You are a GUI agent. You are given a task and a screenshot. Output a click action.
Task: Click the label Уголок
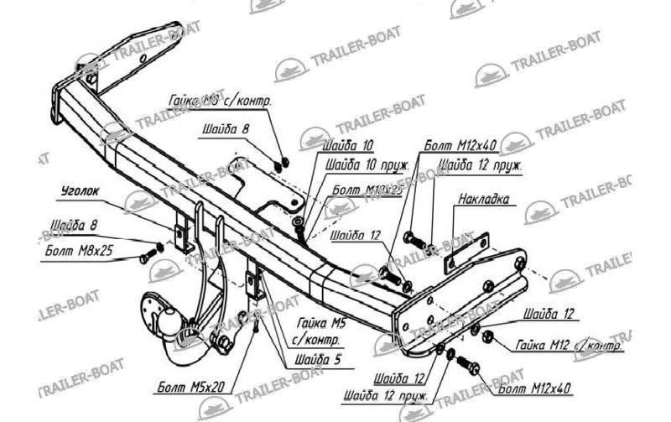(81, 191)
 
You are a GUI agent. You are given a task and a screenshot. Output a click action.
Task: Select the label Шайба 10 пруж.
(363, 165)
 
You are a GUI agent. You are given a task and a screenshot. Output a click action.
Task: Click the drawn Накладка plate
(466, 252)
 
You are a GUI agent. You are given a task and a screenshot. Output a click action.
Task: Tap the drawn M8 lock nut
(285, 159)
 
